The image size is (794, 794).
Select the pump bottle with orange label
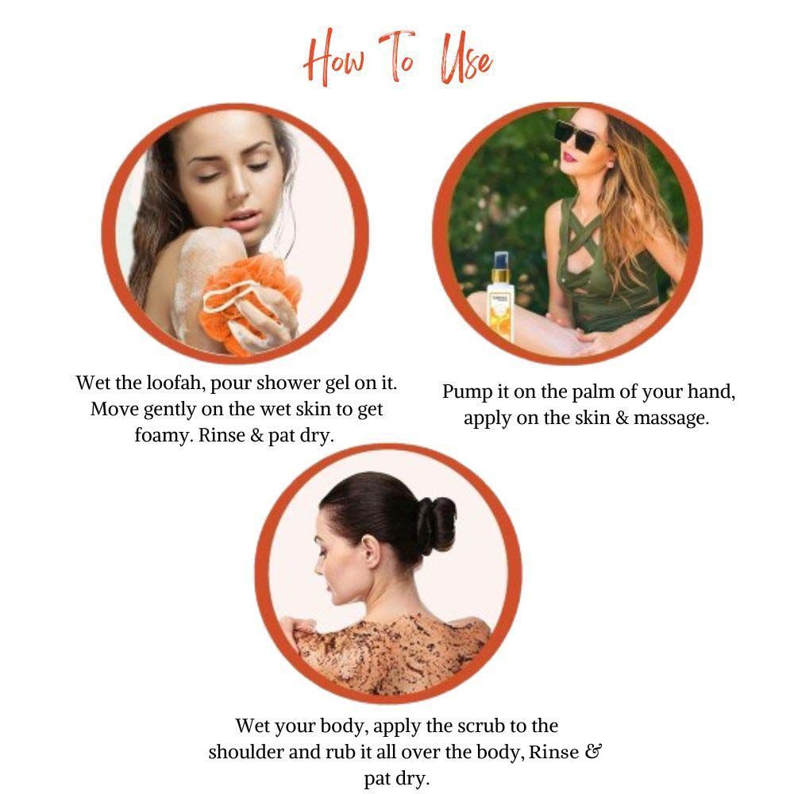click(501, 299)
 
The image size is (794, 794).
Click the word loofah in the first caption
click(175, 383)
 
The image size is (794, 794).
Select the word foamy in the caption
click(164, 436)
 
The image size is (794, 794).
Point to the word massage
click(671, 419)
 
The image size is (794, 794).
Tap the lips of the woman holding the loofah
click(241, 219)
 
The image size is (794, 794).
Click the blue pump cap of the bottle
click(501, 260)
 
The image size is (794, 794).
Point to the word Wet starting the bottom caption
click(252, 727)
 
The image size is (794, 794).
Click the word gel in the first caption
click(337, 384)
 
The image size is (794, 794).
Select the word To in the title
click(398, 56)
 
